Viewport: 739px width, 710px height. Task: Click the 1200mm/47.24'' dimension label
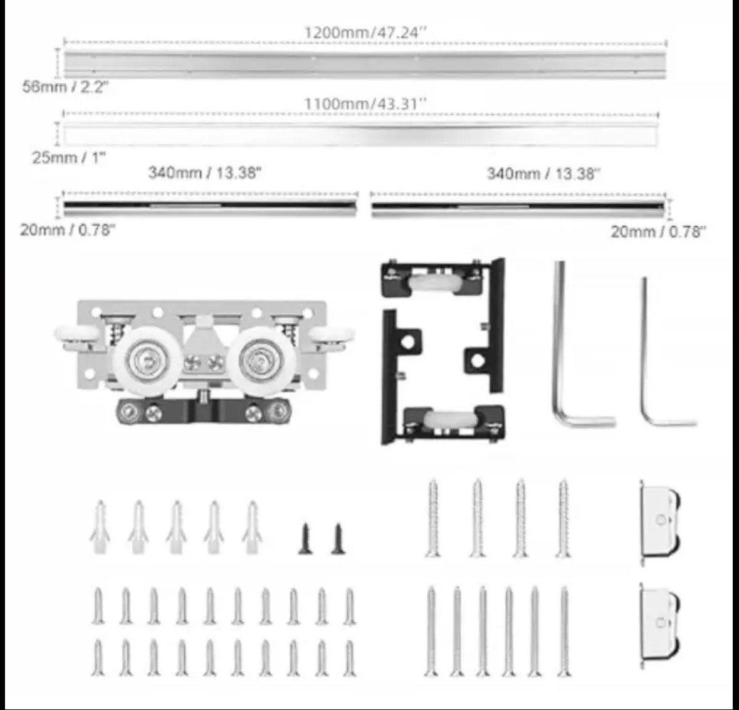click(365, 33)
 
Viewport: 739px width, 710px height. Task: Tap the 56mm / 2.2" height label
click(66, 86)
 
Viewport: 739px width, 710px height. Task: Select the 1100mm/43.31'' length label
click(365, 103)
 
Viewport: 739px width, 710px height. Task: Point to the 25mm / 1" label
click(69, 157)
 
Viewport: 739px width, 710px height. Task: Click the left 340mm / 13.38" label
click(204, 172)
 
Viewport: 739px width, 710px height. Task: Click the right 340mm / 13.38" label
click(544, 174)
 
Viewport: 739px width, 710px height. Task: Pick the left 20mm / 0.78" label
click(68, 230)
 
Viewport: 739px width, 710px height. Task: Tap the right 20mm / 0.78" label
click(659, 231)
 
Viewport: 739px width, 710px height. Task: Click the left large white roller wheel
click(147, 361)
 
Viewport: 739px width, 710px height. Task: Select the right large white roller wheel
click(262, 361)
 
